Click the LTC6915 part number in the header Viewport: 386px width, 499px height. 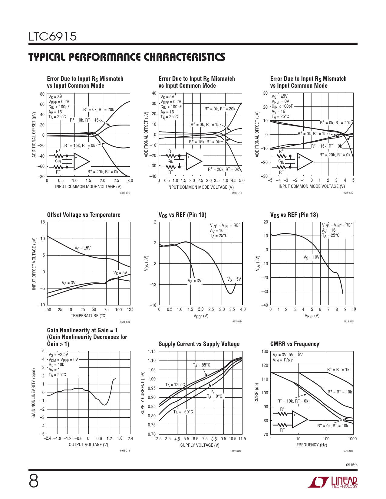click(53, 37)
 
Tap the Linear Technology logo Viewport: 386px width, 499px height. click(333, 482)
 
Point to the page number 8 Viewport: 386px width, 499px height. click(34, 481)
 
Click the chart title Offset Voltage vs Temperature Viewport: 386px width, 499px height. click(84, 215)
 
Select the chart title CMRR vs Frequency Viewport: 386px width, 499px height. click(295, 344)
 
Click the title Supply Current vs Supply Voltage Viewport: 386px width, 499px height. click(199, 344)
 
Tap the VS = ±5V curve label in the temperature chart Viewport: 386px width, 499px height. click(83, 248)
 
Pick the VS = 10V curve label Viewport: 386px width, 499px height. click(311, 257)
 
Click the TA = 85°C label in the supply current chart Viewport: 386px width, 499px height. click(201, 365)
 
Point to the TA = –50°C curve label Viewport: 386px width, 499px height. click(183, 412)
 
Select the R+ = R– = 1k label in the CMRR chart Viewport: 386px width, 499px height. click(338, 369)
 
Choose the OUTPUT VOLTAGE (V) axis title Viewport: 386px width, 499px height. click(88, 445)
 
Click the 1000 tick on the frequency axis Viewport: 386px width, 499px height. click(352, 439)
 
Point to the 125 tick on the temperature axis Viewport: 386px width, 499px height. click(130, 309)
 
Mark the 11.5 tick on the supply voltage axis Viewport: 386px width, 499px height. click(242, 439)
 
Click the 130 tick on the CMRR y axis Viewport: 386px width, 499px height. click(265, 351)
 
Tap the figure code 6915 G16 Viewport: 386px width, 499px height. click(125, 451)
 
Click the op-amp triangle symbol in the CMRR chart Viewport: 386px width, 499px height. click(299, 419)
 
